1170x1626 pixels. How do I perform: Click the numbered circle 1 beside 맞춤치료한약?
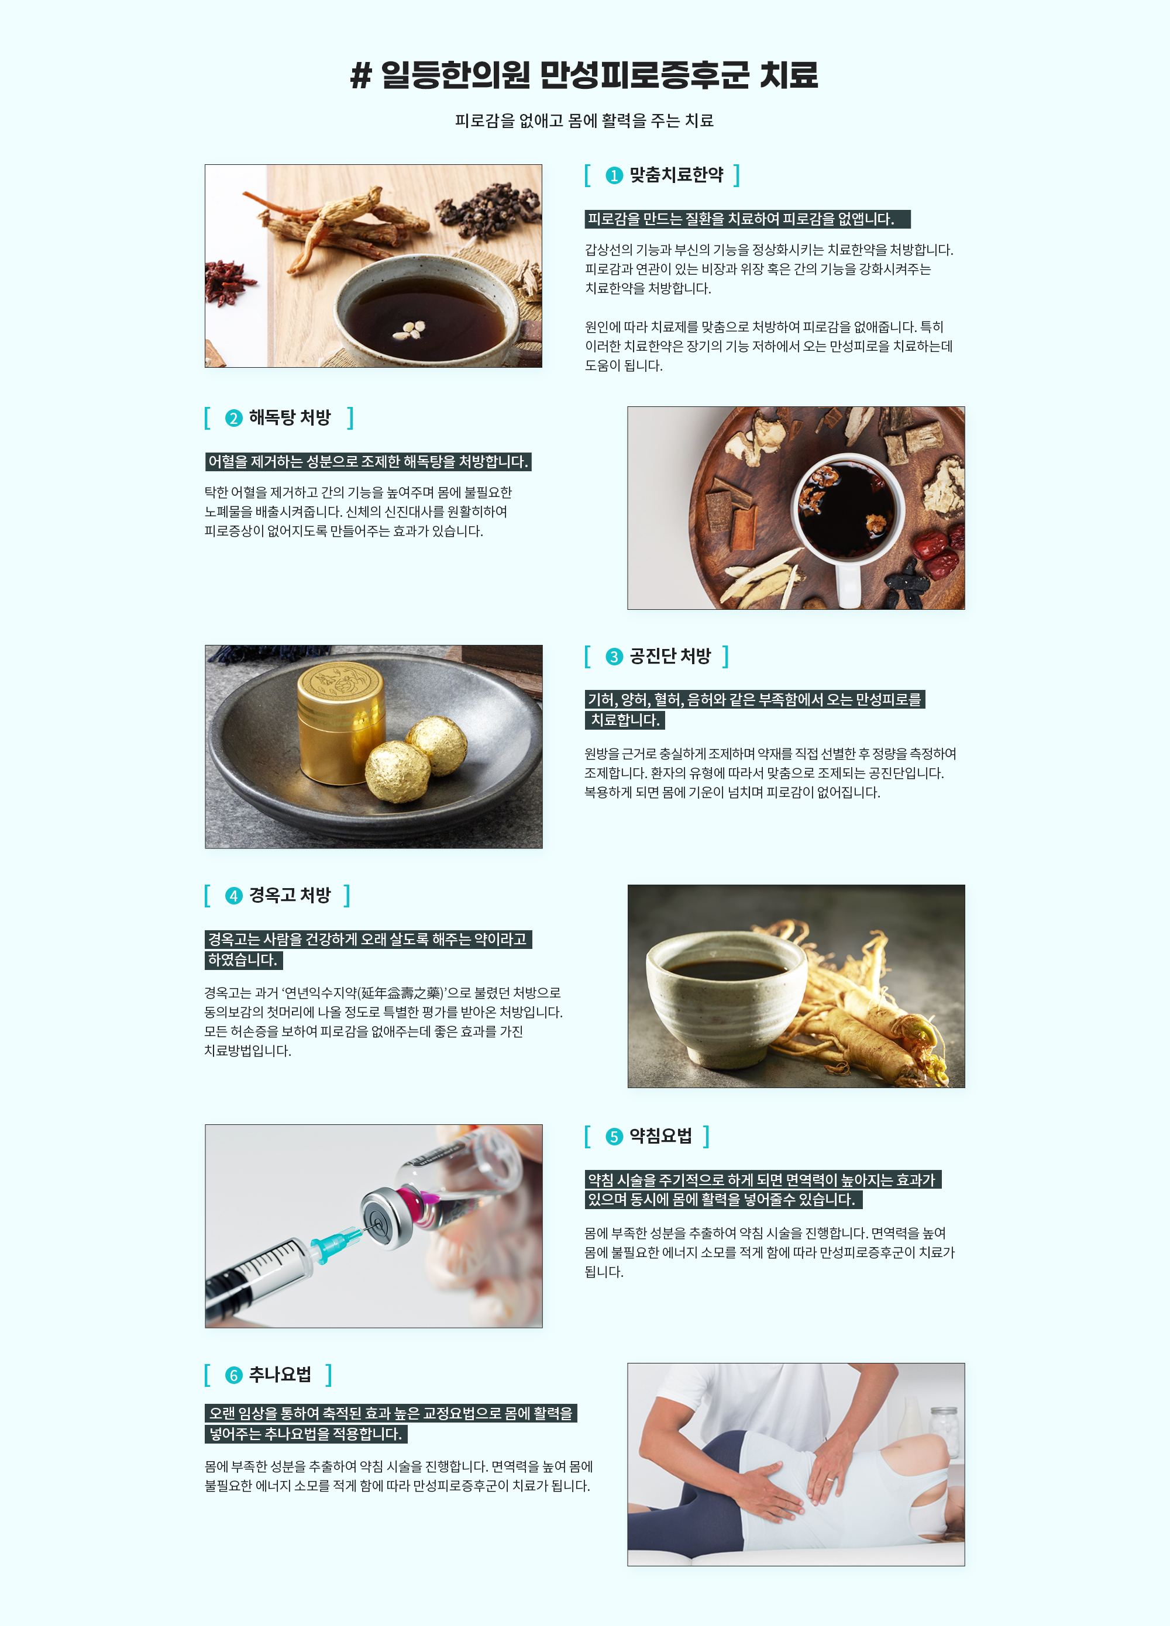[x=614, y=175]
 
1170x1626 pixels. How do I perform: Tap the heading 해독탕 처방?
[x=290, y=417]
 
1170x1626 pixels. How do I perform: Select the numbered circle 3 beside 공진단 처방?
[x=614, y=657]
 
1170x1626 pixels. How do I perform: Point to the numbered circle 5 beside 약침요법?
[x=614, y=1137]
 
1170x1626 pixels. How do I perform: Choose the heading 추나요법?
[x=280, y=1375]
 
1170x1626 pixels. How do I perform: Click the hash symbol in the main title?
[x=361, y=75]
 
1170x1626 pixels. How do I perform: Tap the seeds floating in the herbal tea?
[x=409, y=329]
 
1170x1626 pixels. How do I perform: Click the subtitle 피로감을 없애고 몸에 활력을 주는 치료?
[x=584, y=120]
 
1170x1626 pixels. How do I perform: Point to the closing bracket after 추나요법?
[x=329, y=1375]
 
